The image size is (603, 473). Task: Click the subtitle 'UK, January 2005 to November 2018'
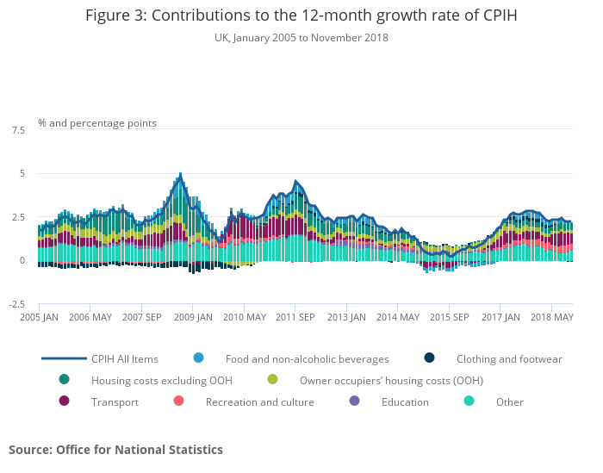click(301, 38)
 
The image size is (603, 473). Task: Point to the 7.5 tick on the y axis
click(18, 130)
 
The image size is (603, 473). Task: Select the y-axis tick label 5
click(22, 173)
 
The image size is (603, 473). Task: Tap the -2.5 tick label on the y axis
click(16, 304)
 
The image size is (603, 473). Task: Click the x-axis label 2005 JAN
click(40, 317)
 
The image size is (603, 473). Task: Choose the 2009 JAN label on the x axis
click(193, 317)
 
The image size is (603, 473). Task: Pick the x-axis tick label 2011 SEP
click(295, 317)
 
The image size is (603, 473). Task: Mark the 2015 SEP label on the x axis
click(448, 317)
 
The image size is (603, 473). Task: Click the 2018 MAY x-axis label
click(552, 317)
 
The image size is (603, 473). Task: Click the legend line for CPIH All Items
click(65, 358)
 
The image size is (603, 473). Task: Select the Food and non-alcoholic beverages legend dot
click(199, 358)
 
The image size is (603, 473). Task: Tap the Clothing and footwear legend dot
click(429, 358)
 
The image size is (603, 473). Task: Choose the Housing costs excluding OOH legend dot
click(65, 380)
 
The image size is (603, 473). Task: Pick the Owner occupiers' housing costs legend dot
click(273, 380)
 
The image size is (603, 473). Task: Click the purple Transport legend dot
click(65, 401)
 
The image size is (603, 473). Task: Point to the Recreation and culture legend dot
click(179, 401)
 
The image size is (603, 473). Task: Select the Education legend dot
click(355, 401)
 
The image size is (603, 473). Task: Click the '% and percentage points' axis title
click(97, 123)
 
